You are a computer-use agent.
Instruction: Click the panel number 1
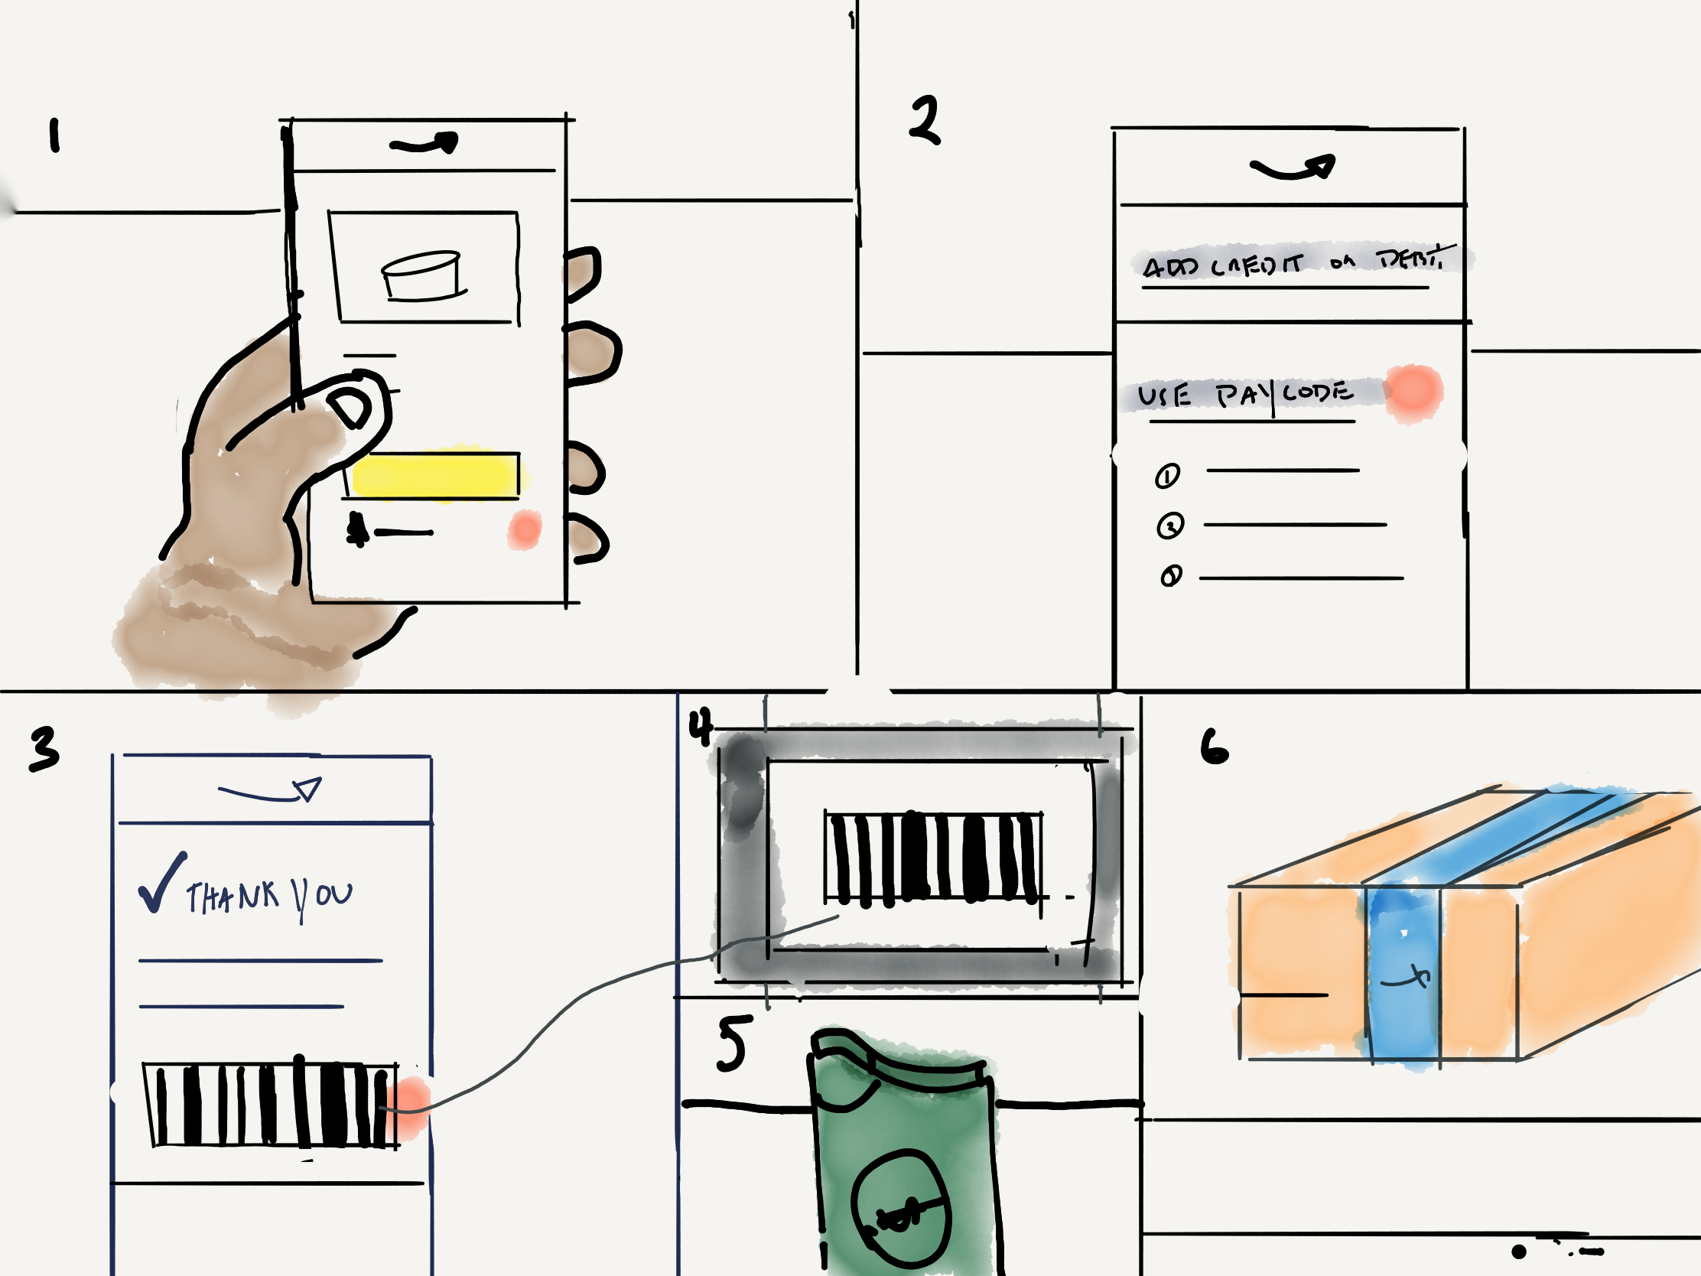click(54, 136)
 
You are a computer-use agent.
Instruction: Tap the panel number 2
click(925, 121)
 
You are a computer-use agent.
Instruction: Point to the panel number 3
click(44, 748)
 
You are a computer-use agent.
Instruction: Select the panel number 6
click(1215, 747)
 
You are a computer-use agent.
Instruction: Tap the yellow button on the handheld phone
click(435, 475)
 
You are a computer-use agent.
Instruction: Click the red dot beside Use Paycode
click(1413, 392)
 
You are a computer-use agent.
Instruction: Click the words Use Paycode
click(1246, 395)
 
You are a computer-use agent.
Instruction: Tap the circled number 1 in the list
click(1167, 476)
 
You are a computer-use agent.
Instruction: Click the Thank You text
click(269, 897)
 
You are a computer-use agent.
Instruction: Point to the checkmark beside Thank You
click(161, 884)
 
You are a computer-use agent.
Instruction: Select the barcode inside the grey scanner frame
click(933, 857)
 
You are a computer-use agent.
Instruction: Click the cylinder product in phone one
click(421, 275)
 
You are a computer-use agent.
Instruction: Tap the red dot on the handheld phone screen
click(525, 530)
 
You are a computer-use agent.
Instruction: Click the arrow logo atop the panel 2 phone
click(1293, 168)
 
